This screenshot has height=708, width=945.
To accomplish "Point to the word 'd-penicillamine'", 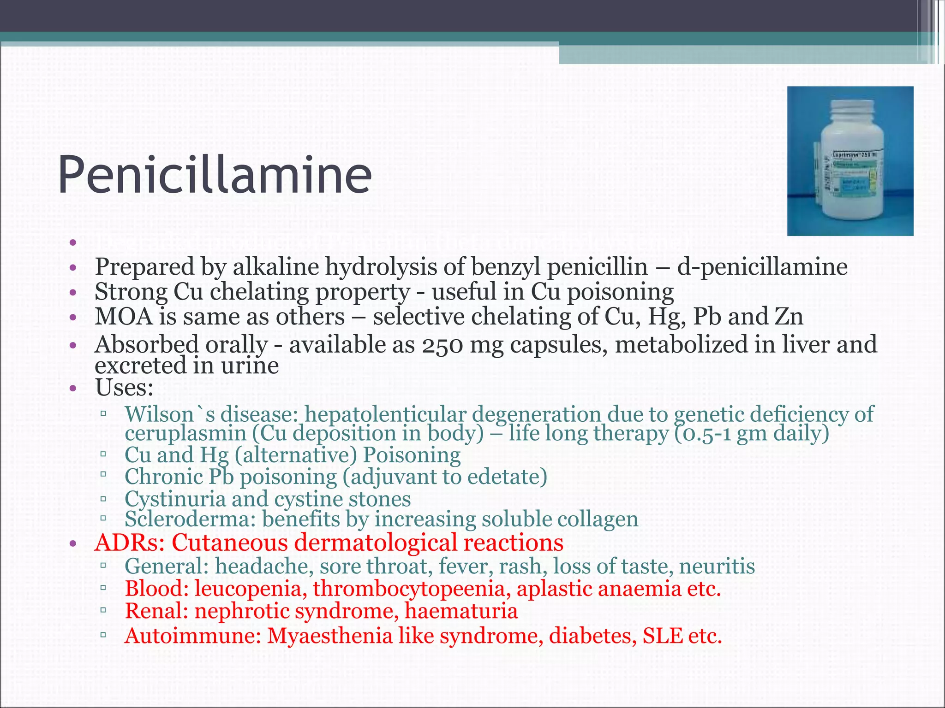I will click(762, 267).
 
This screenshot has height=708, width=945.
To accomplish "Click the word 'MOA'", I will click(124, 317).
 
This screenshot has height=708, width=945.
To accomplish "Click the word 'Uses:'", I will click(124, 388).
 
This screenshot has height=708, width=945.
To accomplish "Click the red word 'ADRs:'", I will click(130, 543).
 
